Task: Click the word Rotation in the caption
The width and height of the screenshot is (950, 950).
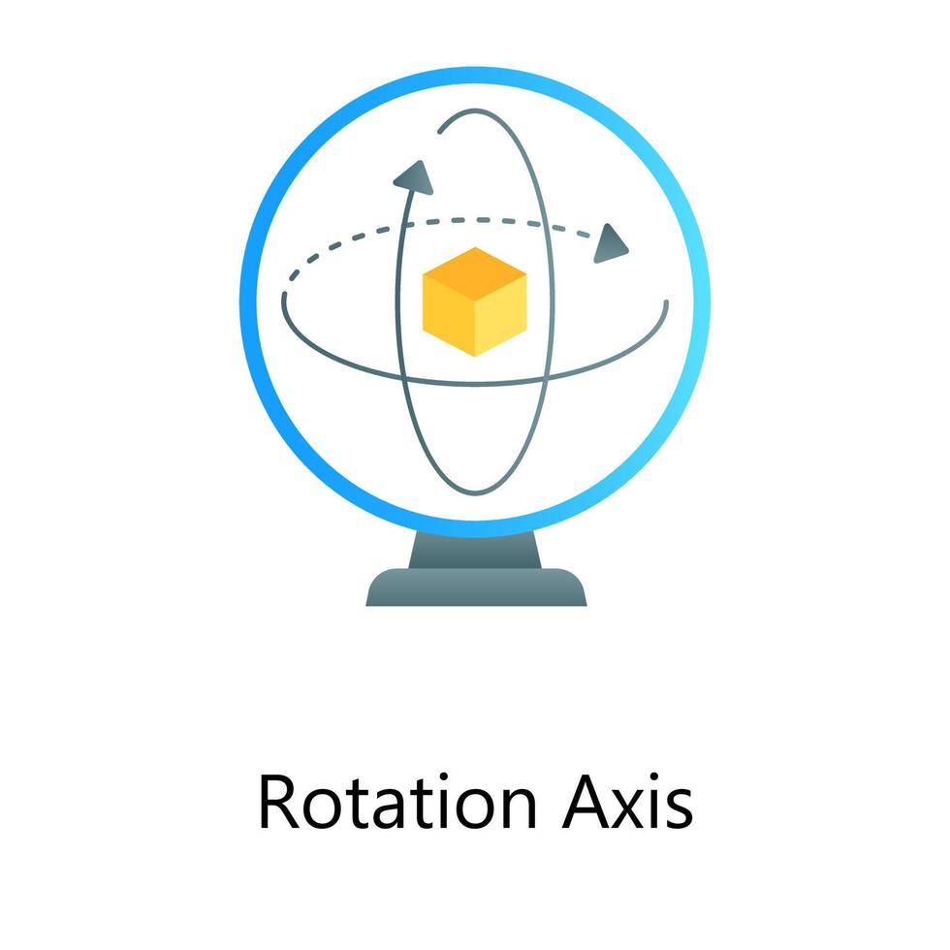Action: pos(397,804)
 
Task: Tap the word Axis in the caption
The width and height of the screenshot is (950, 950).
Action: pos(627,804)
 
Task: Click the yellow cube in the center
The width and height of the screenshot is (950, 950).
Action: pos(475,301)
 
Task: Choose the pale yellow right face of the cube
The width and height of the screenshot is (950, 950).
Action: pos(501,314)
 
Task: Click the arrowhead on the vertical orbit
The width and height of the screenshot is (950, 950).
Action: pos(413,175)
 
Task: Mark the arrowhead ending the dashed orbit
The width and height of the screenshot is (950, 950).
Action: pos(610,243)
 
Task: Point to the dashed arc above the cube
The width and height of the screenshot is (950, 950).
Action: pos(465,222)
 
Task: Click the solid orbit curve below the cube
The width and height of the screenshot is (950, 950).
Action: pos(475,380)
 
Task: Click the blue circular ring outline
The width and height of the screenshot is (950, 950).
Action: pos(246,291)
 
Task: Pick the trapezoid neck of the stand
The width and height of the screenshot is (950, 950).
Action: pos(475,550)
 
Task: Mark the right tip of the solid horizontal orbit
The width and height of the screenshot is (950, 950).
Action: pos(666,302)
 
